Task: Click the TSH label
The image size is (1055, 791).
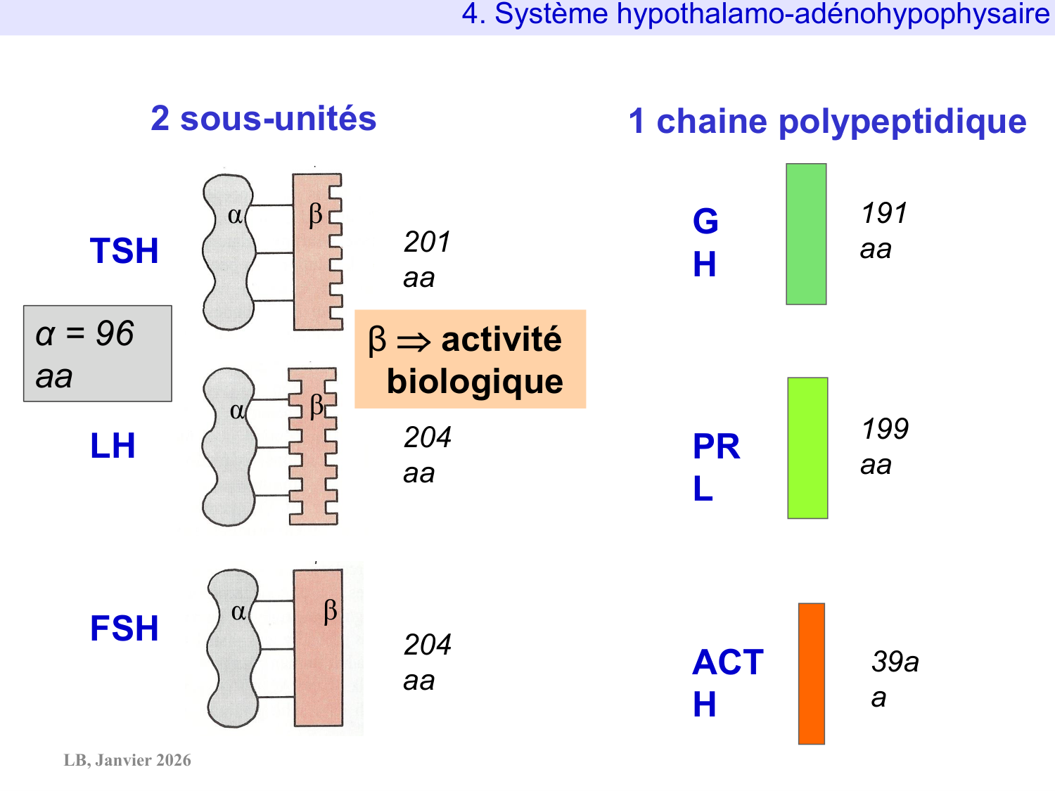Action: (124, 251)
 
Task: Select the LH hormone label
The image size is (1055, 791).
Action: (113, 446)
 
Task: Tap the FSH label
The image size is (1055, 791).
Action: (124, 629)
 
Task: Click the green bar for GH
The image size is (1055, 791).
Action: (806, 234)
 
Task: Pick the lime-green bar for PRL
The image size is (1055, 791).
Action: (807, 448)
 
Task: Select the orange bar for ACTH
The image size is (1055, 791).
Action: (811, 674)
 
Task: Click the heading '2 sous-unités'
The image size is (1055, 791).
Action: (263, 119)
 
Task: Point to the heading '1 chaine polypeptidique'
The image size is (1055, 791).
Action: (827, 122)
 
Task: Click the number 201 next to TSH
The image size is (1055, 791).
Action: (426, 243)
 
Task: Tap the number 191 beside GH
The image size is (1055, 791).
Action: (884, 213)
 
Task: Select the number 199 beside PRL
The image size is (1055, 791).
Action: (885, 429)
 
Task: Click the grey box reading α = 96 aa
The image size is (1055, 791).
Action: (98, 353)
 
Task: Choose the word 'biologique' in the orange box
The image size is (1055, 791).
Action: (475, 382)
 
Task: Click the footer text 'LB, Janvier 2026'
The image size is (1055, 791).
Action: (127, 760)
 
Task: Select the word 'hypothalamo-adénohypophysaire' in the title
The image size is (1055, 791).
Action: (833, 14)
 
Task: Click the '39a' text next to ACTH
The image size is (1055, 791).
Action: (895, 662)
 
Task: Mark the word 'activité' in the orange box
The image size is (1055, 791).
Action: (501, 340)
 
